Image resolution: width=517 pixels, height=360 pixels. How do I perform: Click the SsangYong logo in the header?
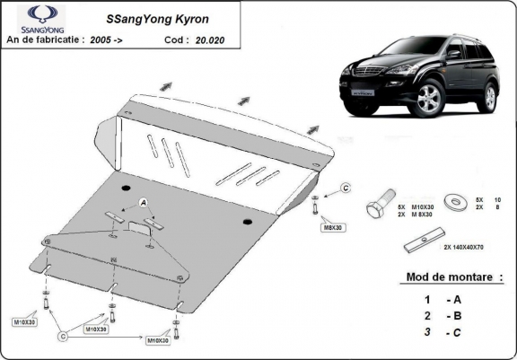[x=27, y=20]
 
